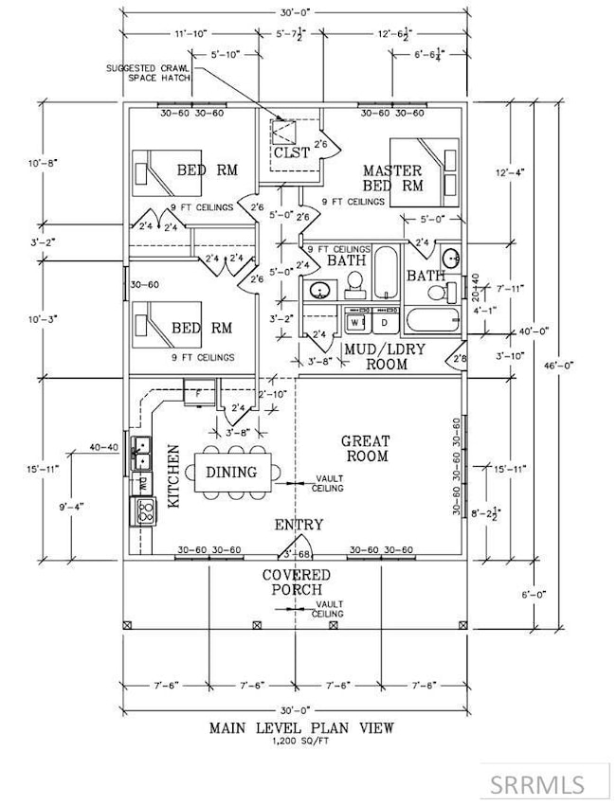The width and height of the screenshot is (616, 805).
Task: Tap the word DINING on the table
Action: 232,471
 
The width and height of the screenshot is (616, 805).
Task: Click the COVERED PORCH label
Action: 298,583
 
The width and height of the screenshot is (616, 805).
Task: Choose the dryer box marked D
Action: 384,322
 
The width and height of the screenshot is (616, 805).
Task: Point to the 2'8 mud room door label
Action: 460,359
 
